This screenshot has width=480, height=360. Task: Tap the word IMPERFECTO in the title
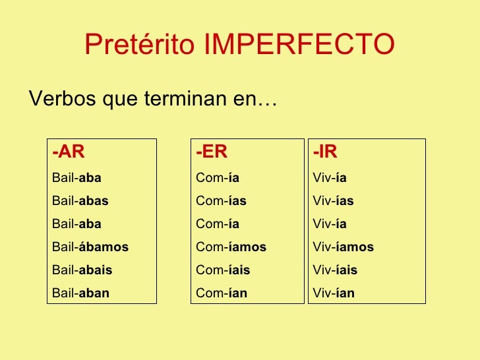click(299, 45)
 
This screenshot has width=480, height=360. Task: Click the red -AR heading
click(69, 152)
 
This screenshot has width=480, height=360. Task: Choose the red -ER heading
click(212, 152)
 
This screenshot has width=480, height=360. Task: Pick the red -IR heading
click(325, 152)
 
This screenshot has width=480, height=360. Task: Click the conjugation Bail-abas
click(80, 201)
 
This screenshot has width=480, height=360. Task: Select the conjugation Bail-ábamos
click(90, 247)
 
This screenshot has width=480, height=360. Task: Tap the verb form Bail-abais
click(82, 270)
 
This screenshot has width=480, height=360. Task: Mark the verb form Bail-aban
click(80, 293)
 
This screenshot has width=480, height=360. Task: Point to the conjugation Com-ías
click(221, 201)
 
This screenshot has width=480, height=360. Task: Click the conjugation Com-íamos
click(231, 247)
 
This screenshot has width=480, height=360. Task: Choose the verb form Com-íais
click(223, 270)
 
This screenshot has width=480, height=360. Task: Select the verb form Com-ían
click(222, 293)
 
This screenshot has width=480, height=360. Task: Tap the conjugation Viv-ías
click(333, 201)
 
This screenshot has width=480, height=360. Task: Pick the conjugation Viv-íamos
click(343, 247)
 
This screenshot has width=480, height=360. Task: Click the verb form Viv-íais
click(335, 270)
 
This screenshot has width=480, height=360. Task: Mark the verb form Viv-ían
click(334, 293)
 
